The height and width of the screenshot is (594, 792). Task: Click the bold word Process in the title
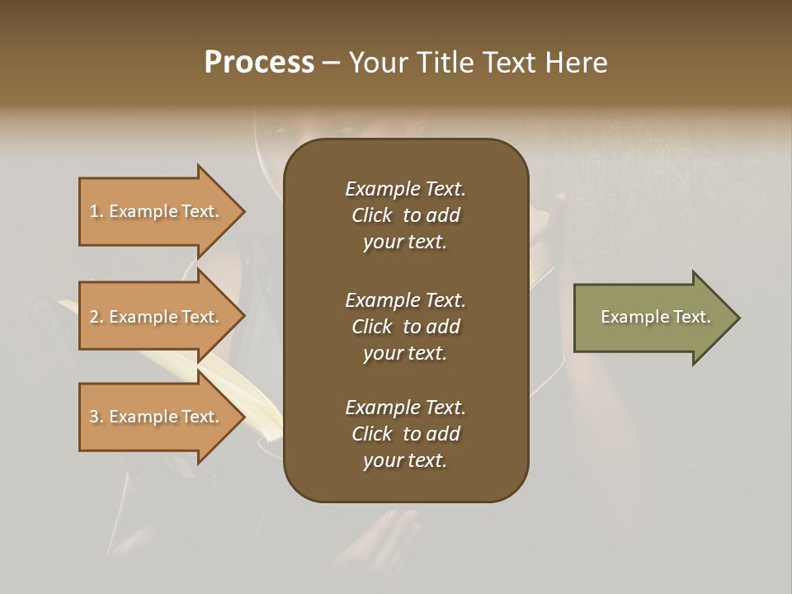pos(259,63)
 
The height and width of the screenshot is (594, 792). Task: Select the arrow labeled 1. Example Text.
pos(157,211)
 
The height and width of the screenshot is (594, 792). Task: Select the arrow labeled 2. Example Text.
pos(157,317)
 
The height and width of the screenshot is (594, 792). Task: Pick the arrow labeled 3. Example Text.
pos(157,417)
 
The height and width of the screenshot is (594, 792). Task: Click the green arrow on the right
pos(652,318)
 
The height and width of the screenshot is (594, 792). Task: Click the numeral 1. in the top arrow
pos(97,211)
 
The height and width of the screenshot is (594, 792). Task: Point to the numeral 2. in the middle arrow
pos(97,317)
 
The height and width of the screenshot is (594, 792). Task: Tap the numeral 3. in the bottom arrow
pos(97,417)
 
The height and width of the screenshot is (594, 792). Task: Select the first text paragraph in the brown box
pos(405,215)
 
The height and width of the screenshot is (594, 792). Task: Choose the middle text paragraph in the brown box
pos(405,326)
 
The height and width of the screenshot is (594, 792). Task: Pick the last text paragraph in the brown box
pos(405,434)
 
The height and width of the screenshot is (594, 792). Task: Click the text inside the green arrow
pos(655,317)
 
